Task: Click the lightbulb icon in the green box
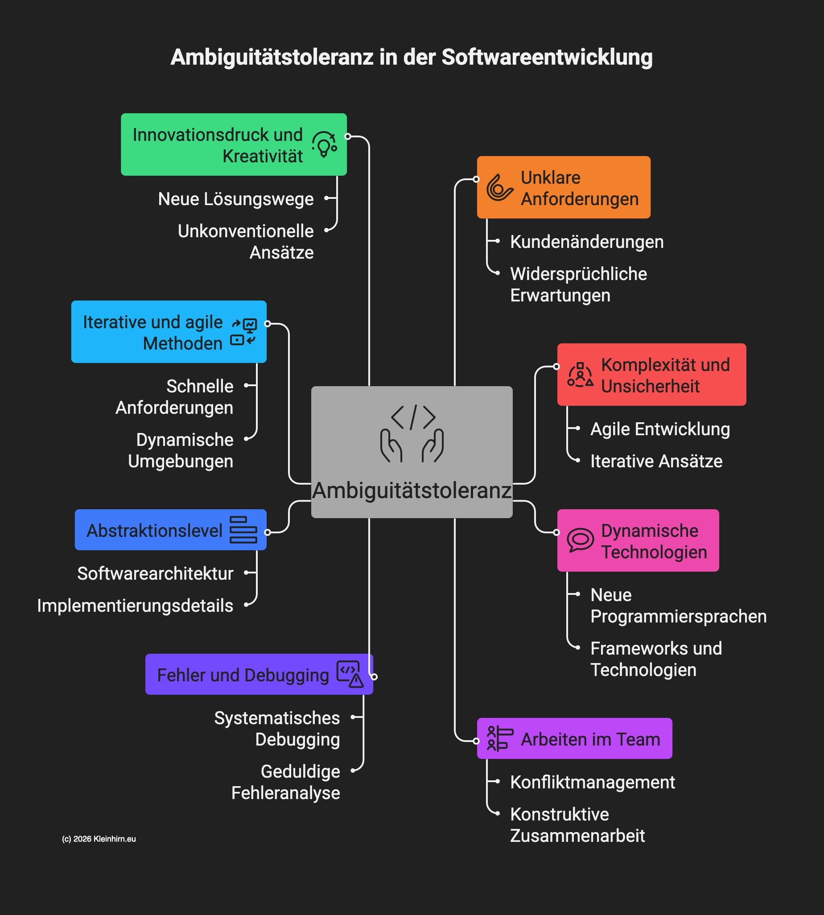coord(324,144)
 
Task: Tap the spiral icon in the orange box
coord(499,187)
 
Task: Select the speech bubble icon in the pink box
coord(580,540)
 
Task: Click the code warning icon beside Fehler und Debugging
coord(350,674)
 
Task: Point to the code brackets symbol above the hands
coord(413,417)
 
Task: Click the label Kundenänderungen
coord(587,242)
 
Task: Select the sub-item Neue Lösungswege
coord(235,199)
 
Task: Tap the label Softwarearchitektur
coord(155,573)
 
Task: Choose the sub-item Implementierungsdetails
coord(135,606)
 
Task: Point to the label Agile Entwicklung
coord(660,429)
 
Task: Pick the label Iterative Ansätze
coord(656,462)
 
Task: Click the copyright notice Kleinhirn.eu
coord(99,839)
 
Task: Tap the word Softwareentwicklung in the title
coord(547,58)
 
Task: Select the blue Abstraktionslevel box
coord(170,530)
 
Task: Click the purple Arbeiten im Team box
coord(574,739)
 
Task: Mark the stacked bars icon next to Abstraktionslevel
coord(243,530)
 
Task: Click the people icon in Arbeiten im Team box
coord(499,738)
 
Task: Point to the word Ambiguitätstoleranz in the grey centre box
coord(412,491)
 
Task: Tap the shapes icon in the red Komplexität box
coord(580,375)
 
